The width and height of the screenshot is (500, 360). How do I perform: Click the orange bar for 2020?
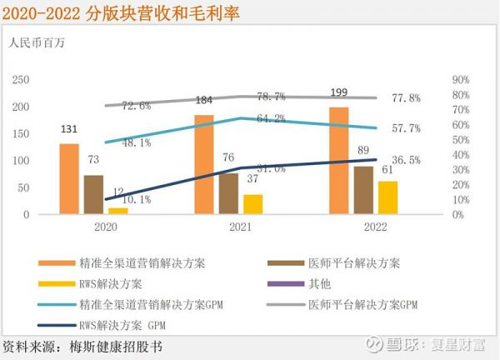click(x=69, y=179)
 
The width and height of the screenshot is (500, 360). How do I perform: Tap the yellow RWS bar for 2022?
click(x=387, y=197)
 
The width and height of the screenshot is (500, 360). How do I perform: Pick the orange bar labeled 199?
click(x=339, y=161)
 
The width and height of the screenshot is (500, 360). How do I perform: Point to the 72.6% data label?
click(x=136, y=106)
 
